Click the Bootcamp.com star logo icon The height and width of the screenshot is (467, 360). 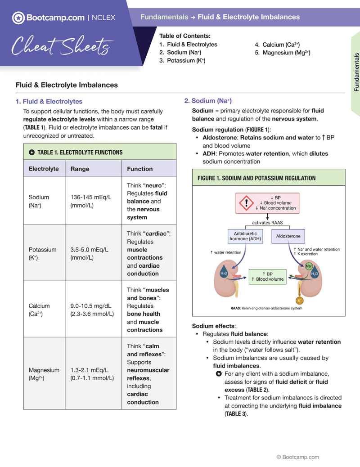(x=18, y=18)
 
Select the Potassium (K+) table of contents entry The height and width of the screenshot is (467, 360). (x=182, y=61)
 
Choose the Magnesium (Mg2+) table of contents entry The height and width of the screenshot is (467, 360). (x=282, y=53)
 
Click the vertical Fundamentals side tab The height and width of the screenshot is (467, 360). (x=356, y=72)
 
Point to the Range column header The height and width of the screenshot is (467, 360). (x=80, y=169)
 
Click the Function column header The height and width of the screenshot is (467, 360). (x=139, y=169)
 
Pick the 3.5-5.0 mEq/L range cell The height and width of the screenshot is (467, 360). (x=89, y=254)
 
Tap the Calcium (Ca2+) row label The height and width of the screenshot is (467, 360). (x=40, y=310)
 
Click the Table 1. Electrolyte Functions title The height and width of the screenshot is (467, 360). (x=80, y=153)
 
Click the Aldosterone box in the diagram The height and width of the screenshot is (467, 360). (x=288, y=236)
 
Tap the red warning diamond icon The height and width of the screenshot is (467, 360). (x=246, y=203)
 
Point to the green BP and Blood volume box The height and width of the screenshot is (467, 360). (x=267, y=276)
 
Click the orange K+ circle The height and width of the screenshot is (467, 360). (x=299, y=300)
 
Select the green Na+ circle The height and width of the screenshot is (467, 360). (x=309, y=266)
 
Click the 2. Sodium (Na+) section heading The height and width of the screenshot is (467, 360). (x=208, y=101)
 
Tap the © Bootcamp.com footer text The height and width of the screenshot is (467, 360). (x=297, y=457)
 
